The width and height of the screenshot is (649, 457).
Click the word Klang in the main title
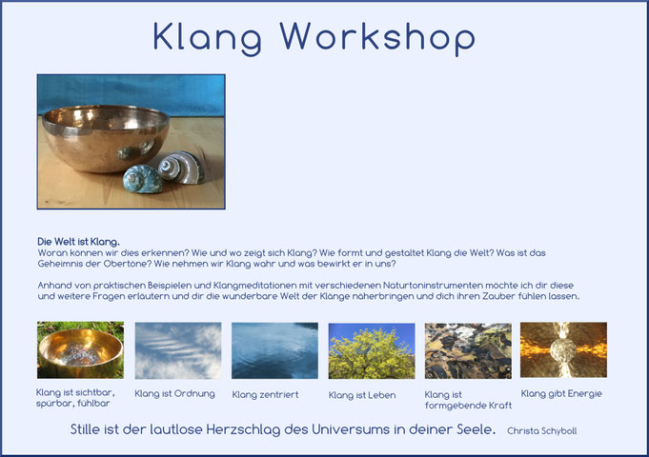click(x=208, y=38)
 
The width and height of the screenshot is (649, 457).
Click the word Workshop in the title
click(x=377, y=38)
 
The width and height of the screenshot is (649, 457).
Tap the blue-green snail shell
click(x=142, y=179)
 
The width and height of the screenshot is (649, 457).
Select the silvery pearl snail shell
click(x=181, y=167)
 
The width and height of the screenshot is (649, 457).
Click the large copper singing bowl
click(x=106, y=138)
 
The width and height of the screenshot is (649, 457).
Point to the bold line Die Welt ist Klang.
click(x=79, y=242)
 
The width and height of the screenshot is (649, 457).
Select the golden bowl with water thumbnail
click(x=80, y=349)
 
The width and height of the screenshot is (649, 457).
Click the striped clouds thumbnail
click(x=178, y=350)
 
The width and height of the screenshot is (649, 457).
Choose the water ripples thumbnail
click(x=274, y=350)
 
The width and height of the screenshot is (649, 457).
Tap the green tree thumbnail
click(x=372, y=350)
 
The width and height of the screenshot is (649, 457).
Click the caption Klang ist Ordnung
click(x=174, y=393)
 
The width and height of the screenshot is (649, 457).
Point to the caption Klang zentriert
click(x=265, y=394)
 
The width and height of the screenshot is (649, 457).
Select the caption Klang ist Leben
click(x=362, y=395)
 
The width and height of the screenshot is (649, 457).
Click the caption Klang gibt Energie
click(x=561, y=394)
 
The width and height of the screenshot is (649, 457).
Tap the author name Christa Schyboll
click(x=542, y=431)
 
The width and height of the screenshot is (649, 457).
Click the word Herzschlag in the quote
click(x=243, y=429)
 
